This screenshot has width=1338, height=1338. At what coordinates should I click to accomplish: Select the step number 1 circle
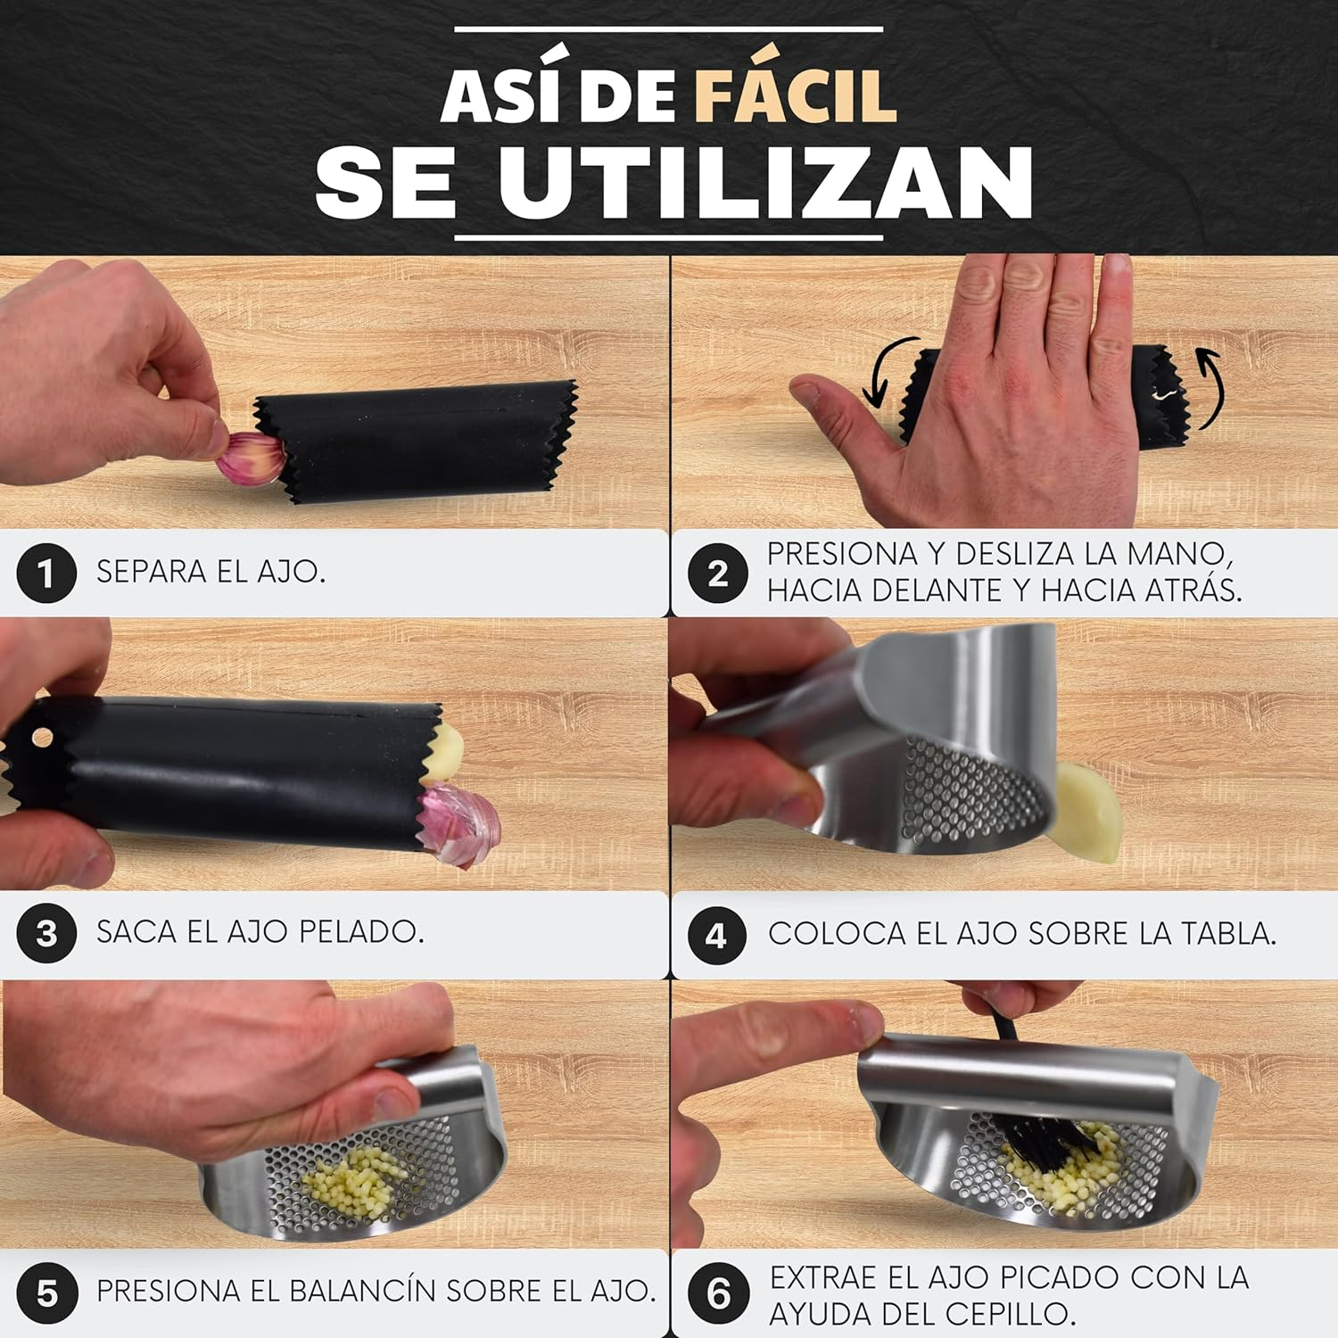(46, 573)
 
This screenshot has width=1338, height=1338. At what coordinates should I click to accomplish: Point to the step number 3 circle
(46, 933)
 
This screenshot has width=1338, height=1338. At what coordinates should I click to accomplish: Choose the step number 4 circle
(718, 935)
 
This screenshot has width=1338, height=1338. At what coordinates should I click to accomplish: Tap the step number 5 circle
(46, 1293)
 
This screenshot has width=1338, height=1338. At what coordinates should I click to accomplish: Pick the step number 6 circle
(718, 1293)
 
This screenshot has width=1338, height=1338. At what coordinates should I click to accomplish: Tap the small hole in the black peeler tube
(41, 737)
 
